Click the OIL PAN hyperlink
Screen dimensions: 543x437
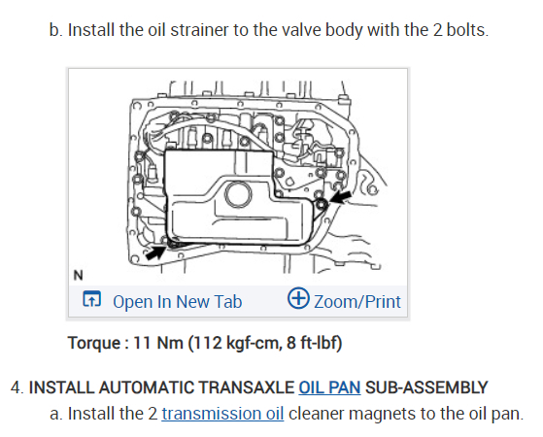[x=329, y=387]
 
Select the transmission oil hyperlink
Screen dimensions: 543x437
[x=222, y=414]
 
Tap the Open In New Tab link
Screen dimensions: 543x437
[x=178, y=302]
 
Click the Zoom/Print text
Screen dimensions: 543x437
[x=357, y=302]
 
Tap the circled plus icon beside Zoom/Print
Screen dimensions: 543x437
[x=298, y=298]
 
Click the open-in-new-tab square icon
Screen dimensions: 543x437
[x=91, y=299]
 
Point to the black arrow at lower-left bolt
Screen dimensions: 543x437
[x=156, y=252]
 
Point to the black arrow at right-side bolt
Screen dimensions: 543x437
[x=340, y=198]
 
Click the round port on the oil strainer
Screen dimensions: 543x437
[x=238, y=194]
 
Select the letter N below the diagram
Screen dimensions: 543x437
[x=79, y=275]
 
